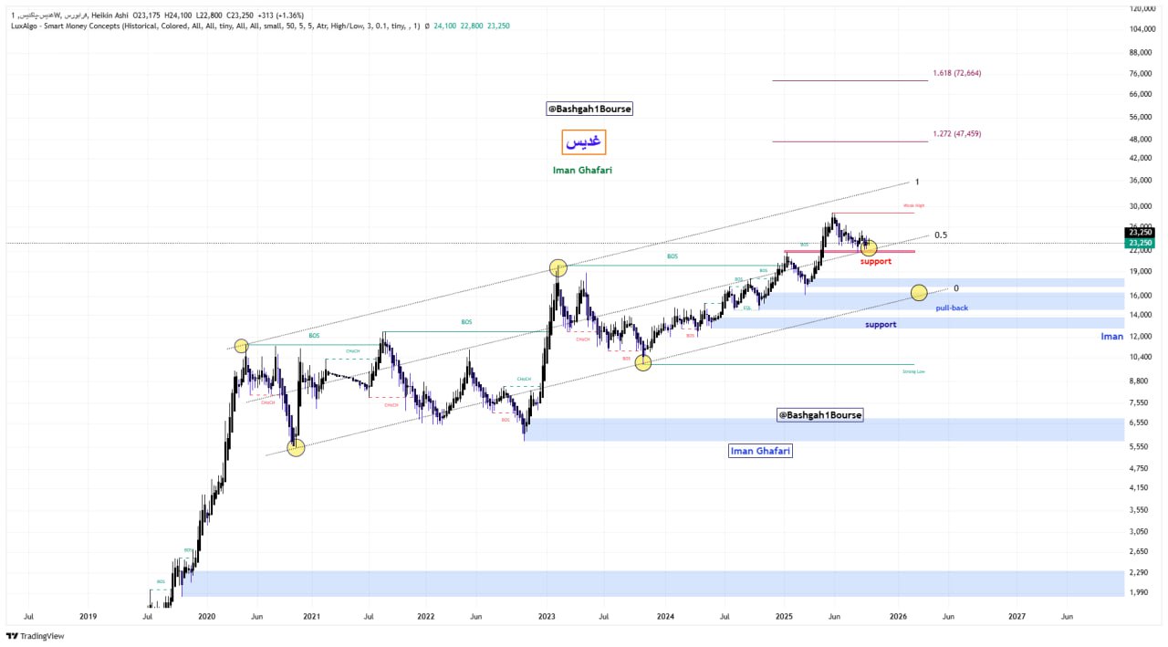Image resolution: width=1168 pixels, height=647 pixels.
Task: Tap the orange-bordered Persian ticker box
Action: pyautogui.click(x=583, y=142)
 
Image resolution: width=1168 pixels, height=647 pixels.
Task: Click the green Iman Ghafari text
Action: pyautogui.click(x=582, y=171)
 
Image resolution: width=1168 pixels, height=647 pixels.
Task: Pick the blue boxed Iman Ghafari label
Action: pyautogui.click(x=760, y=451)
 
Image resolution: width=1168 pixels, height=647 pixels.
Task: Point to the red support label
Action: pyautogui.click(x=876, y=262)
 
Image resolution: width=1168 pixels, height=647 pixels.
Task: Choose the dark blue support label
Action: pyautogui.click(x=881, y=325)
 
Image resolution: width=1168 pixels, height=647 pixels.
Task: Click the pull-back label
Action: pyautogui.click(x=952, y=308)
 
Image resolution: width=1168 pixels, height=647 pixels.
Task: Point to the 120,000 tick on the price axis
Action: pyautogui.click(x=1142, y=8)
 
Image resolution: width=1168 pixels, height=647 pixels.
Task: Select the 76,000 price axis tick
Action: pyautogui.click(x=1140, y=73)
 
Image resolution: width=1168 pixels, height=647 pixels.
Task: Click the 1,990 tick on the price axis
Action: pyautogui.click(x=1140, y=592)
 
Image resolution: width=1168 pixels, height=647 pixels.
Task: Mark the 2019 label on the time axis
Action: pyautogui.click(x=88, y=616)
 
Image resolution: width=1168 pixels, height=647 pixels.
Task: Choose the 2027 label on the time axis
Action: pyautogui.click(x=1017, y=616)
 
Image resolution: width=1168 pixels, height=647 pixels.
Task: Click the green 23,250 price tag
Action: pyautogui.click(x=1140, y=243)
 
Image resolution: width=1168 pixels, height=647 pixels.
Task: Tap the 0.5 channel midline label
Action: pyautogui.click(x=940, y=235)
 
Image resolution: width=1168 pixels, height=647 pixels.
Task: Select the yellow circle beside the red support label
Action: pyautogui.click(x=869, y=247)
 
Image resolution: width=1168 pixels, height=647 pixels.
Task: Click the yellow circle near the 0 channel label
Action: pyautogui.click(x=919, y=293)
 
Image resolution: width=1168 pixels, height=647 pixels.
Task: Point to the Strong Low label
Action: pyautogui.click(x=913, y=371)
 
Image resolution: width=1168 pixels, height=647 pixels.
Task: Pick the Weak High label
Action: pyautogui.click(x=913, y=206)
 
